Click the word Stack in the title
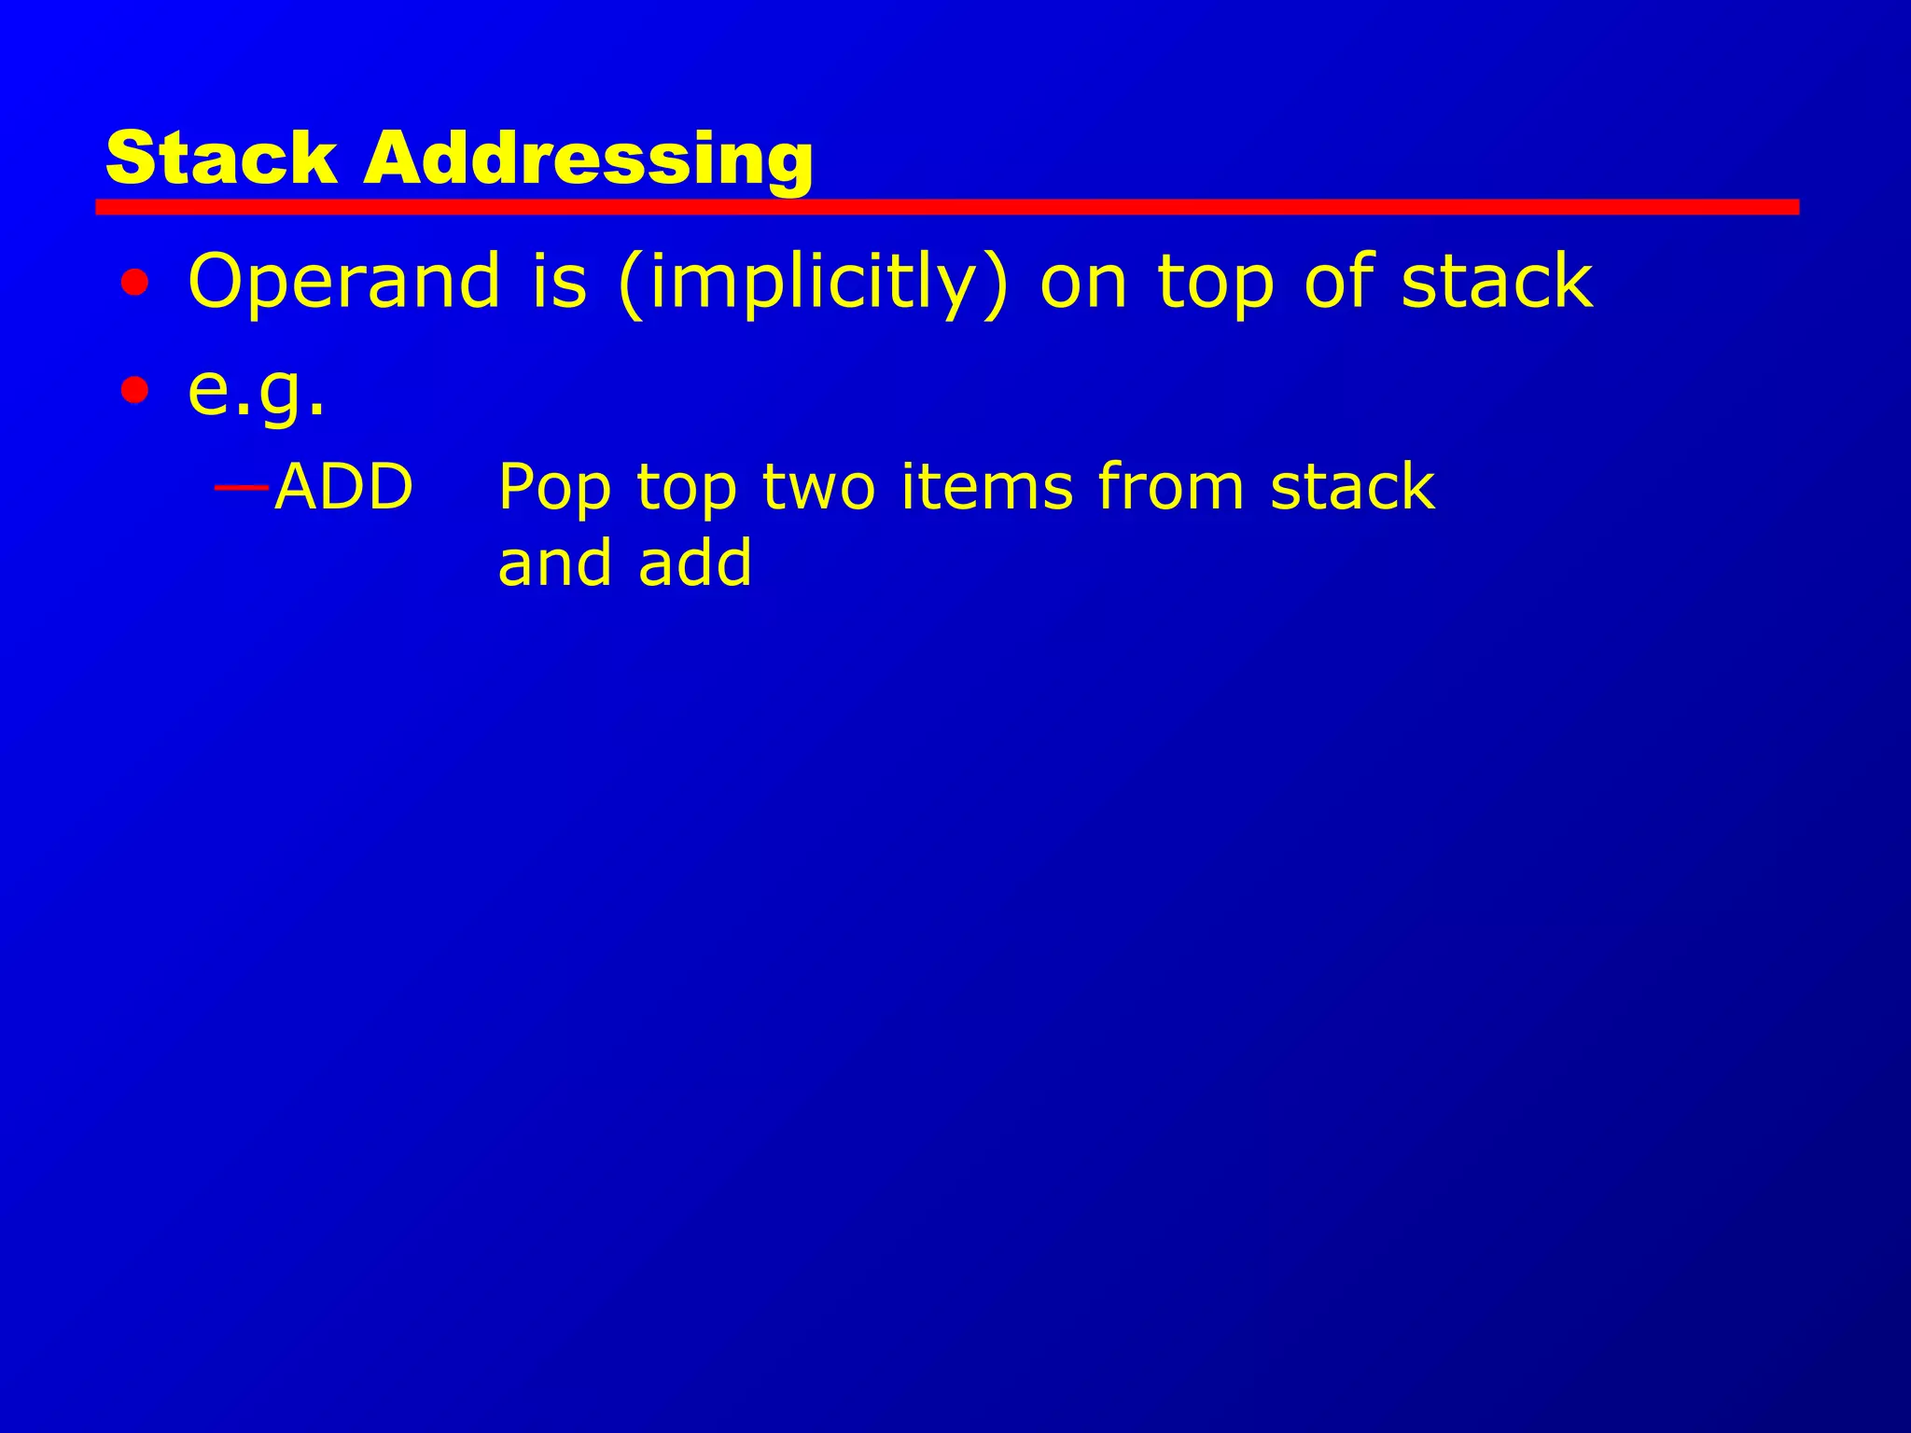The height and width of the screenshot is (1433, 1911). [x=221, y=158]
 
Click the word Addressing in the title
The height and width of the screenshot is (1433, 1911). [x=589, y=160]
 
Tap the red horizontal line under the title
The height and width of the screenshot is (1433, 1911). [x=946, y=207]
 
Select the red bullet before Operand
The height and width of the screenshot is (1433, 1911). [x=134, y=282]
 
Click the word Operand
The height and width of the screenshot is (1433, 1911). [x=344, y=282]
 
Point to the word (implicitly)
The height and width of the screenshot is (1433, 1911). [x=813, y=282]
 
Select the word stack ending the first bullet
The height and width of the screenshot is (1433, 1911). [x=1497, y=282]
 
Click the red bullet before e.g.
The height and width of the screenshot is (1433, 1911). [x=134, y=390]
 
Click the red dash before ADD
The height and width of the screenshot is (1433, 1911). [x=242, y=487]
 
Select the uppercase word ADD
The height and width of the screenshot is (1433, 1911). [x=343, y=487]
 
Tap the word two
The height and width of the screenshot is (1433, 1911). [x=818, y=487]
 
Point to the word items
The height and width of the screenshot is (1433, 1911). [x=987, y=487]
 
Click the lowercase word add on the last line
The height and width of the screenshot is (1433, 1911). [x=695, y=563]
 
